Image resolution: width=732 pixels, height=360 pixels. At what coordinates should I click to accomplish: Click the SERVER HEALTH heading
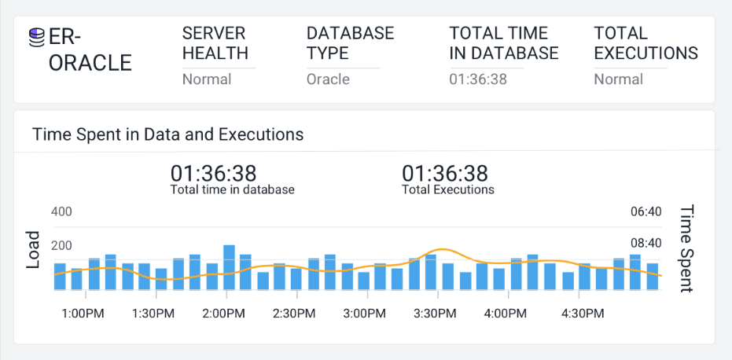click(215, 43)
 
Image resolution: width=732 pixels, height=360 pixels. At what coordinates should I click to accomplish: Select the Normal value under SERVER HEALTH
click(207, 79)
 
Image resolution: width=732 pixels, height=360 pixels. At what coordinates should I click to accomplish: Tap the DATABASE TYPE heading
click(350, 43)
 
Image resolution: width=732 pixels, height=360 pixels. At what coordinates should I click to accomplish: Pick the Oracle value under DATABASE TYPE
click(328, 79)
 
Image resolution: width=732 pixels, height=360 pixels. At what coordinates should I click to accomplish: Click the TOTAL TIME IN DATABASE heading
click(504, 43)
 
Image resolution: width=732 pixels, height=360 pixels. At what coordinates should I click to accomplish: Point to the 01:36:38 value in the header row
click(478, 79)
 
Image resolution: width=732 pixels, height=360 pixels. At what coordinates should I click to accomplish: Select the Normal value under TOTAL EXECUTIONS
click(618, 79)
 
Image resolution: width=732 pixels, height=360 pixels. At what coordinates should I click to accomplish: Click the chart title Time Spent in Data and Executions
click(167, 134)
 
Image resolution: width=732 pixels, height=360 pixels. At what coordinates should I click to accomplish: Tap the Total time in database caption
click(232, 189)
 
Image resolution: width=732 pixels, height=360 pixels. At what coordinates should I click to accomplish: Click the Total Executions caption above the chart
click(447, 189)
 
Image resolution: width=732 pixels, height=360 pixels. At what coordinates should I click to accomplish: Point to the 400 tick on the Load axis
click(61, 212)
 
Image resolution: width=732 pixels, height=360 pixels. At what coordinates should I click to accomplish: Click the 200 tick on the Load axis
click(61, 246)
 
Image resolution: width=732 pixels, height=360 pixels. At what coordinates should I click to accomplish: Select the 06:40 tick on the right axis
click(646, 212)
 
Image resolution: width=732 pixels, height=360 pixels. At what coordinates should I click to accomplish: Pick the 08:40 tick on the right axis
click(646, 244)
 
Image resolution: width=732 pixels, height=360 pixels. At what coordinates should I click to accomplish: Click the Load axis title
click(33, 250)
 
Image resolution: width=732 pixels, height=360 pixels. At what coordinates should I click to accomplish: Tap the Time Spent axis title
click(686, 248)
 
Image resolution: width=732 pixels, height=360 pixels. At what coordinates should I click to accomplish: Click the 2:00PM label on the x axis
click(223, 314)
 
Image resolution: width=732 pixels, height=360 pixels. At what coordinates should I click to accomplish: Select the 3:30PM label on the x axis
click(435, 314)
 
